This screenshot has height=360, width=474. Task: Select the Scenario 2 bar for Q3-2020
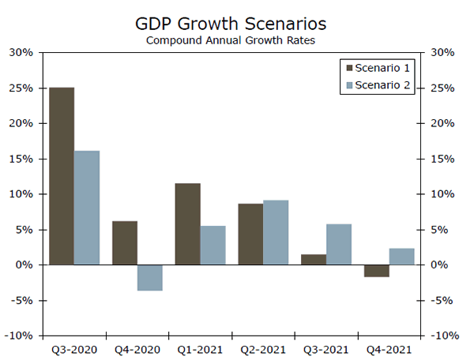pyautogui.click(x=87, y=208)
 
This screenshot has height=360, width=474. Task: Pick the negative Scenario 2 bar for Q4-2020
pyautogui.click(x=150, y=278)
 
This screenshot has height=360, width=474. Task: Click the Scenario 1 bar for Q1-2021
pyautogui.click(x=187, y=224)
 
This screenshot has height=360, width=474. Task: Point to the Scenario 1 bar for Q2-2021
pyautogui.click(x=250, y=234)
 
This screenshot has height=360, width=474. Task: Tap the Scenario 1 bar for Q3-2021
pyautogui.click(x=314, y=260)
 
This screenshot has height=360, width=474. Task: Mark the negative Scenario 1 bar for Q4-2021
pyautogui.click(x=377, y=271)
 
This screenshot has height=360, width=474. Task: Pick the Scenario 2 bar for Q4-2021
pyautogui.click(x=402, y=257)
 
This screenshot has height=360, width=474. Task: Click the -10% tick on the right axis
pyautogui.click(x=446, y=336)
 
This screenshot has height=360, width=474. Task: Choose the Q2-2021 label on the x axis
pyautogui.click(x=262, y=348)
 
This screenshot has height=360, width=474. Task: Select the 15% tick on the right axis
pyautogui.click(x=444, y=159)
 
